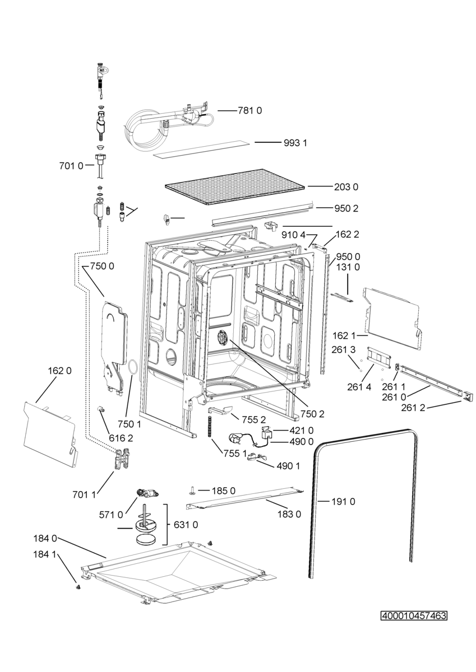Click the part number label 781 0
point(249,111)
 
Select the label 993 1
point(295,143)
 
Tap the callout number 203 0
point(346,187)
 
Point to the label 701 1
point(84,494)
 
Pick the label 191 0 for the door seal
point(343,501)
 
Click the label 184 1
point(45,554)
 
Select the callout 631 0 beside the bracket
point(186,525)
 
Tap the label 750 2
point(313,414)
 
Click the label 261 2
point(413,408)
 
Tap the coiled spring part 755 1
point(210,427)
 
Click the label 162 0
point(60,371)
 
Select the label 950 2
point(346,208)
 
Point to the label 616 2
point(121,438)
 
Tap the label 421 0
point(302,431)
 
